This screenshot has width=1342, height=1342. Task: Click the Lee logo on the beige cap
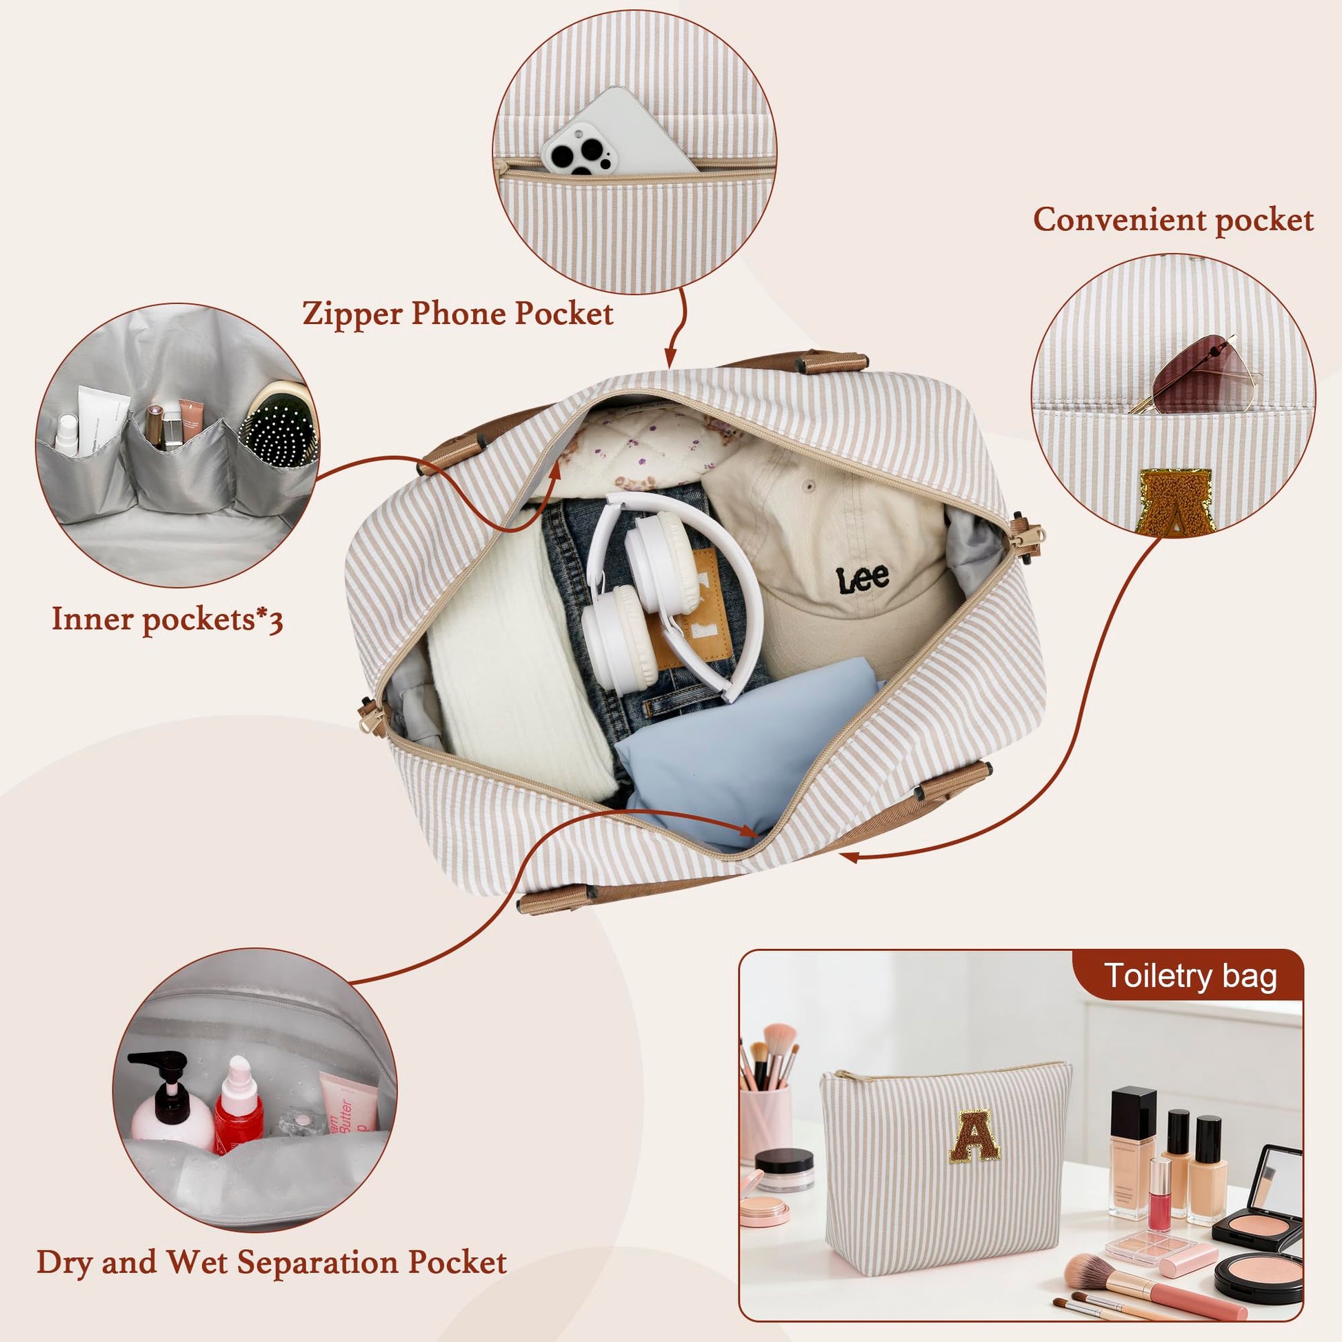pyautogui.click(x=863, y=578)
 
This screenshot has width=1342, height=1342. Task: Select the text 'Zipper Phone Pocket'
pyautogui.click(x=458, y=314)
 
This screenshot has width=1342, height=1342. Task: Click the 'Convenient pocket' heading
pyautogui.click(x=1172, y=220)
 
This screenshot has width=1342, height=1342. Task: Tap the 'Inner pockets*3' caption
pyautogui.click(x=168, y=618)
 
